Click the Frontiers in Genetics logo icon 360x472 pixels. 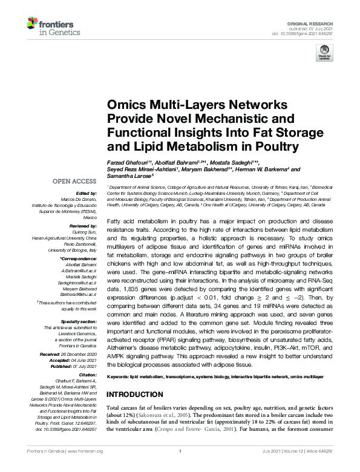33,24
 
